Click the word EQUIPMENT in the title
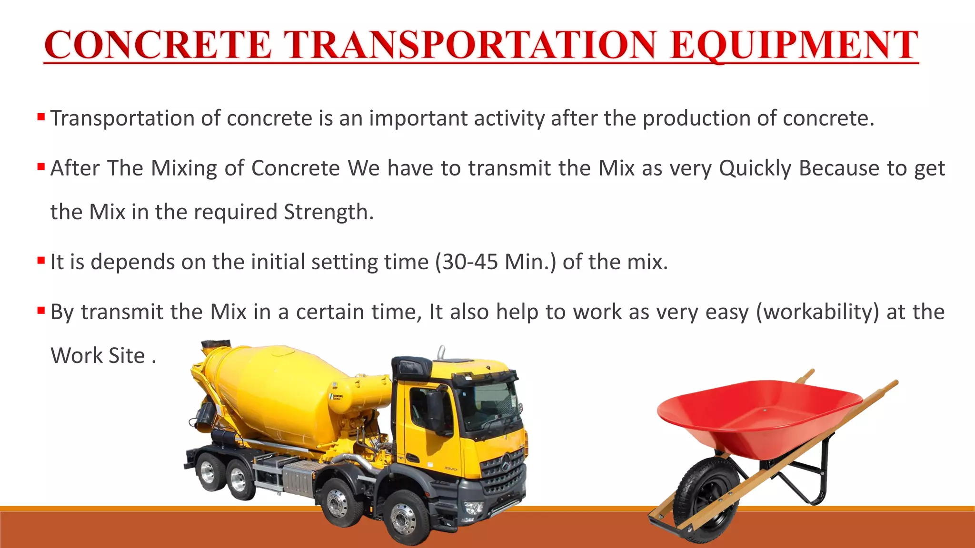(x=794, y=45)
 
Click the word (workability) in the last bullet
(x=817, y=312)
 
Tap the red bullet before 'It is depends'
(x=41, y=260)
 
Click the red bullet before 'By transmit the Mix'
(x=41, y=311)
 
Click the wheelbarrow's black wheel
(x=705, y=499)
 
